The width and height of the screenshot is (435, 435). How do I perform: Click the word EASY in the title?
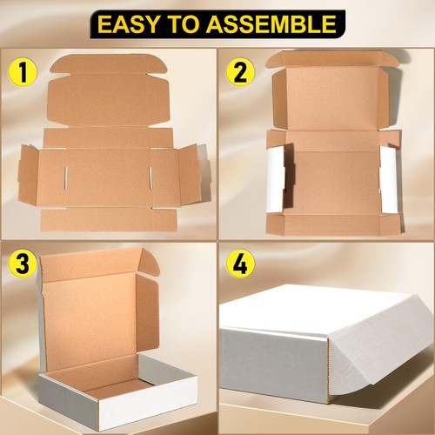pyautogui.click(x=129, y=23)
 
